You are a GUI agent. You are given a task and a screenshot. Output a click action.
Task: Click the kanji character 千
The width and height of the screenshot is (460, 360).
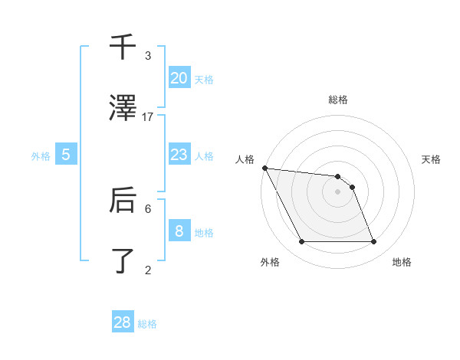[123, 47]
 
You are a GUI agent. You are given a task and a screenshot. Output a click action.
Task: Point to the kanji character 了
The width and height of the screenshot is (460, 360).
[123, 260]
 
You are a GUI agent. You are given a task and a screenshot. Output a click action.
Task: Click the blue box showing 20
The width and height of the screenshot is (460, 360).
[179, 77]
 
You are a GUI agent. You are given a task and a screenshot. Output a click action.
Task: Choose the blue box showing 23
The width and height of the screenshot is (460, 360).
[179, 155]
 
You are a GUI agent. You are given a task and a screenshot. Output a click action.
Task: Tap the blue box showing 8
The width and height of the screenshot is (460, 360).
[179, 231]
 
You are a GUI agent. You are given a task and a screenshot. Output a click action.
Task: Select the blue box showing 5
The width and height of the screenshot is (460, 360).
[66, 155]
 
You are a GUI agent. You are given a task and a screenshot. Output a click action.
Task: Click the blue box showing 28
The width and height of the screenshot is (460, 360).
[123, 322]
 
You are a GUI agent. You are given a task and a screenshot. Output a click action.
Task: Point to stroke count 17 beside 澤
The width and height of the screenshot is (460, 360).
[148, 116]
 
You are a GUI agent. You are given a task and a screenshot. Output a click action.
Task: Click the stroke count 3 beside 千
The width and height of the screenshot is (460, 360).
[148, 56]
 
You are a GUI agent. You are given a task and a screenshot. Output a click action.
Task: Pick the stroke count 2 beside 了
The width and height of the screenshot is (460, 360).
[148, 269]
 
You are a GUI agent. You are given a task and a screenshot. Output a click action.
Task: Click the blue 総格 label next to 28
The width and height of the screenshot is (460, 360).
[147, 324]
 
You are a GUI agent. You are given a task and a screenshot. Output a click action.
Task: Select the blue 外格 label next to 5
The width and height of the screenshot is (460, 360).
[41, 156]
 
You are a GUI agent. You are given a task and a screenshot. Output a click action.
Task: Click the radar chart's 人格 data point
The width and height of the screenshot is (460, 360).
[264, 168]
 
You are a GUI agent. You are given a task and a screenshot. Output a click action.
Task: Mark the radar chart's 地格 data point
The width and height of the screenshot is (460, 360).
[373, 242]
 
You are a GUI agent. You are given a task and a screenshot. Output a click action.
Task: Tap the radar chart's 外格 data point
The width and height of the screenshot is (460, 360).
[301, 242]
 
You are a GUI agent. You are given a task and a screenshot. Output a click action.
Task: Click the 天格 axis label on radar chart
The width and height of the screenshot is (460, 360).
[431, 159]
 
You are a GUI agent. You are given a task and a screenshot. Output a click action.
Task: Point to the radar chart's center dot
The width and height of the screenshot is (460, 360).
[337, 191]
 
